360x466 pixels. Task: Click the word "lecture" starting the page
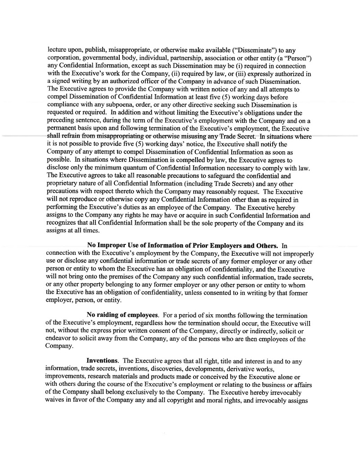[x=57, y=50]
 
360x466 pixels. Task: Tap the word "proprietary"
[x=64, y=184]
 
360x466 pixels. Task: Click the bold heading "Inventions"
[x=103, y=361]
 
